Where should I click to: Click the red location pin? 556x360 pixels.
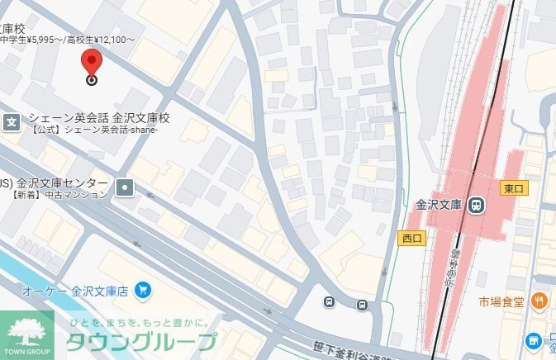tap(92, 62)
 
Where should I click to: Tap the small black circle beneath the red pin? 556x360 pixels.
tap(92, 80)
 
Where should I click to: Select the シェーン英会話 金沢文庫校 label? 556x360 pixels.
tap(99, 118)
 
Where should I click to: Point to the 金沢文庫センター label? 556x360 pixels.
tap(62, 182)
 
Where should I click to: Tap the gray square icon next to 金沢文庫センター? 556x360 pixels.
tap(125, 188)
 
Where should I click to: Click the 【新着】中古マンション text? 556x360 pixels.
tap(60, 195)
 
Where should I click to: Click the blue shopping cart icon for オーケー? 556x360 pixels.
tap(144, 291)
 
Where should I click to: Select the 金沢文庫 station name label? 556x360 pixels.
tap(438, 205)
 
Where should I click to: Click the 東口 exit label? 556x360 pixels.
tap(514, 188)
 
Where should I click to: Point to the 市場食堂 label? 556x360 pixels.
tap(501, 301)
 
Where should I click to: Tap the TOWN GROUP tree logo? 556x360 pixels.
tap(27, 335)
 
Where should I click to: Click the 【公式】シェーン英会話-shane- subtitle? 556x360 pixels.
tap(93, 130)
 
